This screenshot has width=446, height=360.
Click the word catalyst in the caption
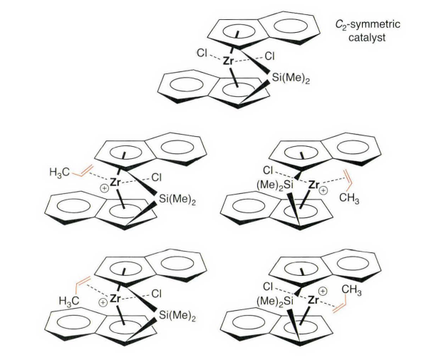pyautogui.click(x=367, y=38)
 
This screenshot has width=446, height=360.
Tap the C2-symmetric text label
pyautogui.click(x=367, y=25)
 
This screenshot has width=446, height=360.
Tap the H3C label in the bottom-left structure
pyautogui.click(x=73, y=300)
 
